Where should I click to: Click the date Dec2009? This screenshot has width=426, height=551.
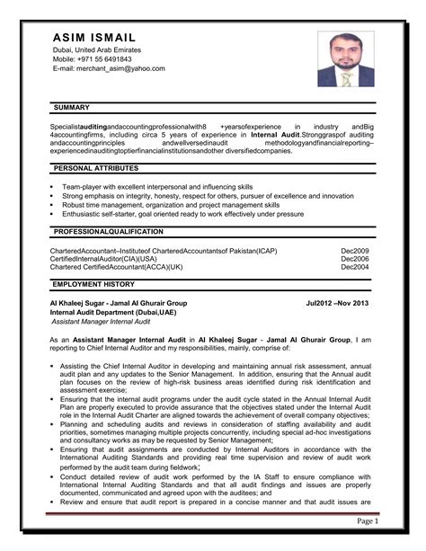354,251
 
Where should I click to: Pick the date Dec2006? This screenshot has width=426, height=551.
354,259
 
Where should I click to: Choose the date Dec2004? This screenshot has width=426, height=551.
354,267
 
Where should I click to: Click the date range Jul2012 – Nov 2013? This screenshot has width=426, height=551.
338,304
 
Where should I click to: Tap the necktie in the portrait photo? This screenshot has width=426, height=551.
346,80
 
